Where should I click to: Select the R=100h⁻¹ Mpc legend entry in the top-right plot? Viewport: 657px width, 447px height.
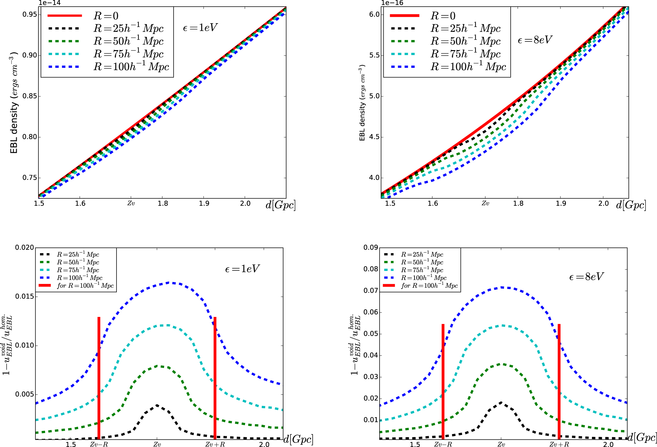[x=468, y=67]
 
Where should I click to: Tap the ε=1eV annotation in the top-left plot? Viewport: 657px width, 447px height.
[x=200, y=28]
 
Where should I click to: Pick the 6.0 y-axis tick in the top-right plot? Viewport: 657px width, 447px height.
[x=375, y=15]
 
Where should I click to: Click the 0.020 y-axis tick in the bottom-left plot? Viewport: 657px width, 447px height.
[x=24, y=247]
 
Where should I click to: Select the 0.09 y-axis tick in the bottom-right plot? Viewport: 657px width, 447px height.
[x=371, y=247]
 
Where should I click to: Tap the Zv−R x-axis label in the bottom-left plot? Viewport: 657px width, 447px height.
[x=99, y=444]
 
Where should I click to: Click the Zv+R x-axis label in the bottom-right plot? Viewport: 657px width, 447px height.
[x=559, y=444]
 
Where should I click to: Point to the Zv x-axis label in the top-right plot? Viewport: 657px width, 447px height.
[x=485, y=203]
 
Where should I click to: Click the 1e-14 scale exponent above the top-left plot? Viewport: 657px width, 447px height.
[x=50, y=3]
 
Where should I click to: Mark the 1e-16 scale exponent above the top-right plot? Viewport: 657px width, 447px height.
[x=392, y=3]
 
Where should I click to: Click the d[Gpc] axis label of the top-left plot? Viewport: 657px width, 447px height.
[x=281, y=205]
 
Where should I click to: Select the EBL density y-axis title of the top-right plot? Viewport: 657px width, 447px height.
[x=362, y=103]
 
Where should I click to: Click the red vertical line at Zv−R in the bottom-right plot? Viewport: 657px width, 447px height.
[x=443, y=381]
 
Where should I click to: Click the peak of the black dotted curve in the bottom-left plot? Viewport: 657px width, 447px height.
[x=157, y=405]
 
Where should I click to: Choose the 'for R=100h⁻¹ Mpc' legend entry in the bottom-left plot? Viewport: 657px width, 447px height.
[x=85, y=286]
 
